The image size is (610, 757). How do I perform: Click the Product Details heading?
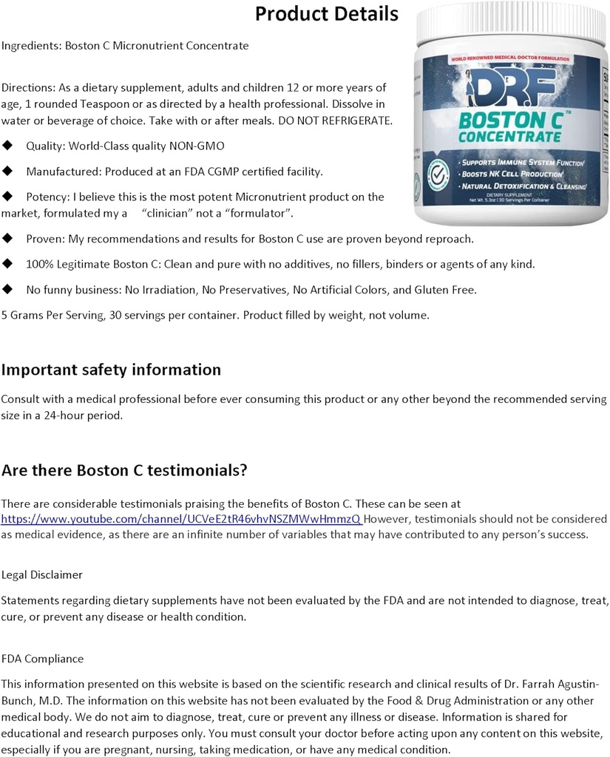326,14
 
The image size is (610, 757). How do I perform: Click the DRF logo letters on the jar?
511,87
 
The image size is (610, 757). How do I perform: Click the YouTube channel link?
182,519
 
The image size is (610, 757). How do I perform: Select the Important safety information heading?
111,370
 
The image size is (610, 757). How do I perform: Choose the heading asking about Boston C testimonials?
124,471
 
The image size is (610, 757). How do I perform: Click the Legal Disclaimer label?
42,574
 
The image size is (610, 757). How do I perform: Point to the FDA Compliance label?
42,659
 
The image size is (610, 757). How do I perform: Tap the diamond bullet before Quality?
8,146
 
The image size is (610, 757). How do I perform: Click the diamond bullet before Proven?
8,238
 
